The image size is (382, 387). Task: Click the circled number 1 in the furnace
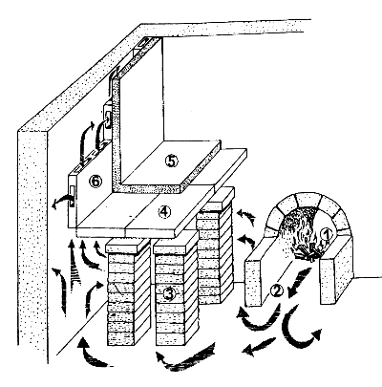click(x=326, y=235)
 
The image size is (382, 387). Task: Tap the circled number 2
click(x=276, y=290)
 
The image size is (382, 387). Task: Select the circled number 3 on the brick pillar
click(x=168, y=293)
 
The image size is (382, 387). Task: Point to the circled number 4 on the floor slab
click(x=164, y=211)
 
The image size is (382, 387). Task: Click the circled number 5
click(x=172, y=161)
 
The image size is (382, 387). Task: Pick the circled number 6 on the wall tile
click(x=95, y=182)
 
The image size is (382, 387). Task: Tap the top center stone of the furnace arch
click(x=307, y=200)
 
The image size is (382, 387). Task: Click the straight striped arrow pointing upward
click(x=73, y=266)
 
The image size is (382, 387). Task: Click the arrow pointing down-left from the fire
click(x=298, y=283)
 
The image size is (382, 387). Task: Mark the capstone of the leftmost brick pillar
click(x=127, y=246)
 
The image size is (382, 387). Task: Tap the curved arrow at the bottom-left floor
click(x=93, y=353)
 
